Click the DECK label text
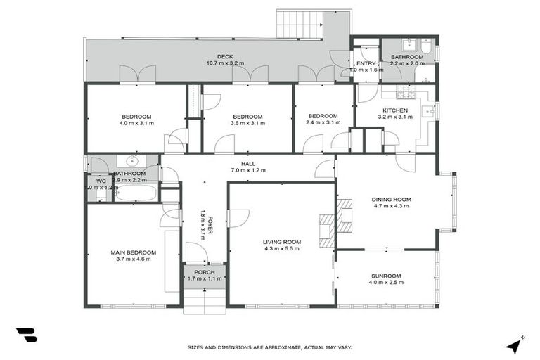tap(225, 56)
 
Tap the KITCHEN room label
tap(394, 110)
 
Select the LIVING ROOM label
tap(282, 241)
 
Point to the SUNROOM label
tap(386, 276)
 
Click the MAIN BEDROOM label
tap(133, 252)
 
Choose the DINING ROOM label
tap(392, 200)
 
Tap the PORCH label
tap(205, 272)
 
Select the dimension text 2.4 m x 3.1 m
tap(323, 123)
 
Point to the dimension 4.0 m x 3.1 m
tap(136, 123)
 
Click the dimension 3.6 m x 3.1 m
tap(247, 123)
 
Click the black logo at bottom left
tap(26, 335)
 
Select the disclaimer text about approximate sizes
tap(269, 347)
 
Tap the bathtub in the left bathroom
tap(134, 192)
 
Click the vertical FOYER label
tap(205, 224)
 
